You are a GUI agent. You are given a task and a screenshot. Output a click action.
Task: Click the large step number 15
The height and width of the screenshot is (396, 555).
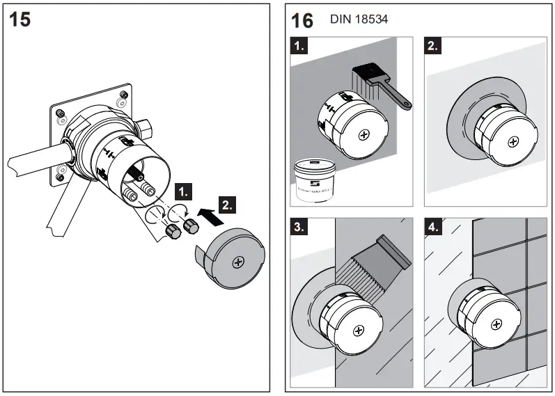pyautogui.click(x=21, y=19)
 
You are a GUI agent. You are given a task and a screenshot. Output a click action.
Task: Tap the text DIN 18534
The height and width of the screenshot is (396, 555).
pyautogui.click(x=359, y=19)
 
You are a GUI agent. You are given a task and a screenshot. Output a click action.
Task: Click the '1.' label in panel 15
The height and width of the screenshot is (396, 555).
pyautogui.click(x=183, y=189)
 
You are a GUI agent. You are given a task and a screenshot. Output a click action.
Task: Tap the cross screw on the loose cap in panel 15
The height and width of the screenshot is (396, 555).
pyautogui.click(x=239, y=262)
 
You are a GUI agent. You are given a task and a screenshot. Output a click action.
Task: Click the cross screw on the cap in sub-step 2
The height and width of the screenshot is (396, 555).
pyautogui.click(x=513, y=141)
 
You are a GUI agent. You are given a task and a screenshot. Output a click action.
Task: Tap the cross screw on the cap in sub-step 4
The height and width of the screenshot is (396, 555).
pyautogui.click(x=497, y=324)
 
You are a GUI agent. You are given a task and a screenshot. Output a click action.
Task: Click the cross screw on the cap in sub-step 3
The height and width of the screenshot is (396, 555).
pyautogui.click(x=359, y=331)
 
